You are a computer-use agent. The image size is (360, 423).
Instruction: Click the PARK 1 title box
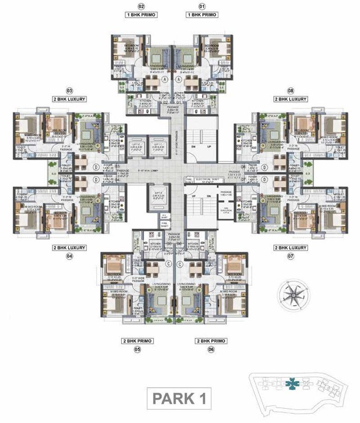(x=181, y=398)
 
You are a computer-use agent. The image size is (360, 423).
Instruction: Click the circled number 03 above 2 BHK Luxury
(x=69, y=90)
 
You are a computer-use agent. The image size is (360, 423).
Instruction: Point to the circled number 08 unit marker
(x=290, y=90)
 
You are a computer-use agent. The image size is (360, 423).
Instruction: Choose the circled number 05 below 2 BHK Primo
(x=137, y=350)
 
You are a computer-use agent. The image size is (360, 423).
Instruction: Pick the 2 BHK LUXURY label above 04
(x=69, y=248)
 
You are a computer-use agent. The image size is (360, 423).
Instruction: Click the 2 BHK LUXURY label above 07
(x=290, y=248)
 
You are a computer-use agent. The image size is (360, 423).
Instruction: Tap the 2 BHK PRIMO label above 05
(x=137, y=341)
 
